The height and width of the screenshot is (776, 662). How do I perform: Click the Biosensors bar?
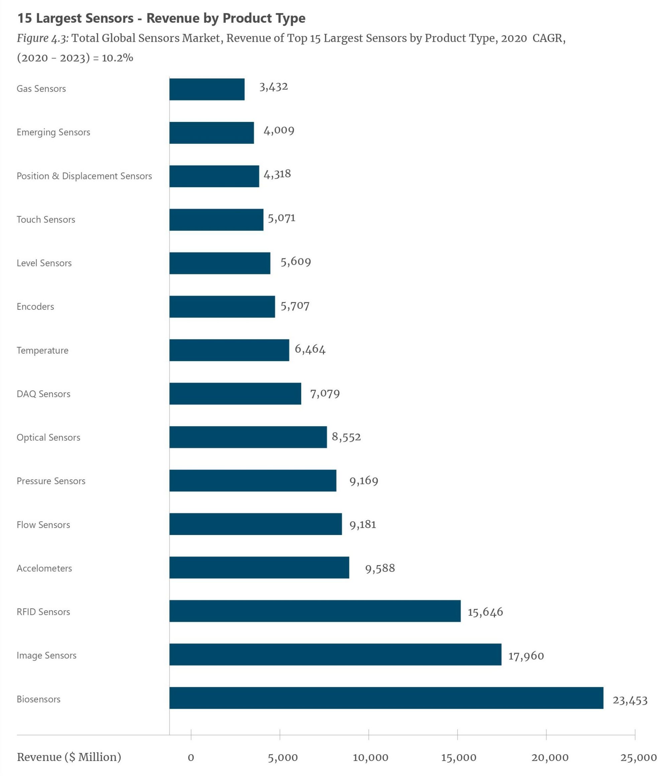(x=386, y=698)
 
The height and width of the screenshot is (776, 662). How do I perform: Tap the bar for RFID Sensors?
(x=315, y=611)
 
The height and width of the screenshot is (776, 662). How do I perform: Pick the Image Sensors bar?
(x=335, y=655)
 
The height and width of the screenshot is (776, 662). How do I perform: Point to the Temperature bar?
(x=229, y=350)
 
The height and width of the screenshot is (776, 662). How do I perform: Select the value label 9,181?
(x=362, y=524)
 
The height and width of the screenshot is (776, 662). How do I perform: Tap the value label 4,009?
(x=279, y=130)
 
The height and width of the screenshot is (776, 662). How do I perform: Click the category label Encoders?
(x=35, y=307)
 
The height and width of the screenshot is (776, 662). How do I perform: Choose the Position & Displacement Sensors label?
(x=84, y=176)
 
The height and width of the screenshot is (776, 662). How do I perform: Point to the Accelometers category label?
(x=44, y=568)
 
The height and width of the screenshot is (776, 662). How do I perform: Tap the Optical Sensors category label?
(x=48, y=437)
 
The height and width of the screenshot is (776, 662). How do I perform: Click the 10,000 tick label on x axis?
(x=370, y=758)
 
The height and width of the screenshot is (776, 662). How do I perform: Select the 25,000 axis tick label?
(x=638, y=758)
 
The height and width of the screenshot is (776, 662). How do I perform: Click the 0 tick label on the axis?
(x=191, y=758)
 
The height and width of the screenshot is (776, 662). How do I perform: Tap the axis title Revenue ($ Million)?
(x=69, y=757)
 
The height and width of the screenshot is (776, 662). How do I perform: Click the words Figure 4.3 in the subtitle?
(x=43, y=38)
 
